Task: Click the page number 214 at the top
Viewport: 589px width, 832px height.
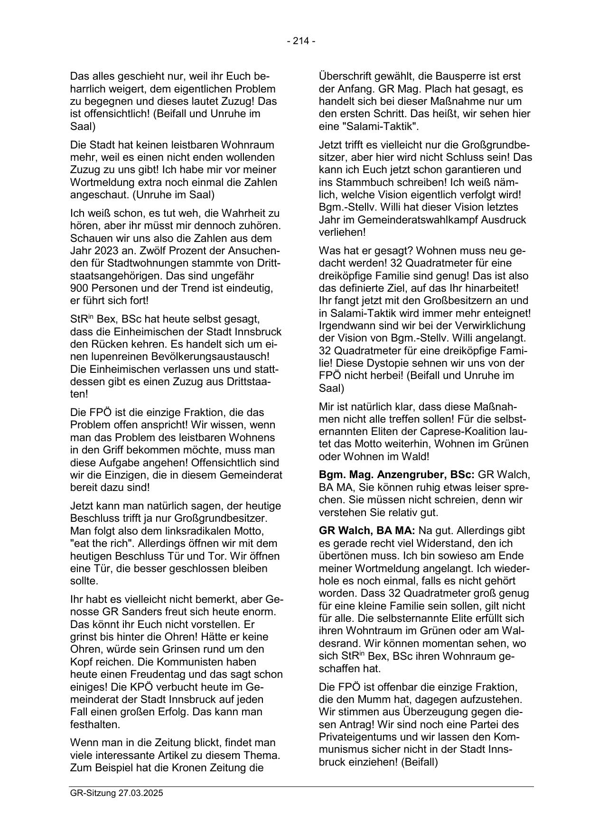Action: point(301,41)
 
